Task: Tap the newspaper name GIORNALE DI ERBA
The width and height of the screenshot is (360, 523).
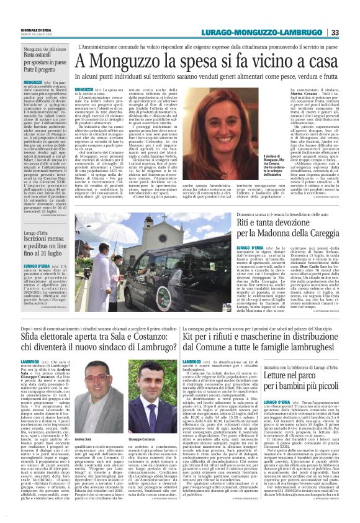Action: click(36, 30)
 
